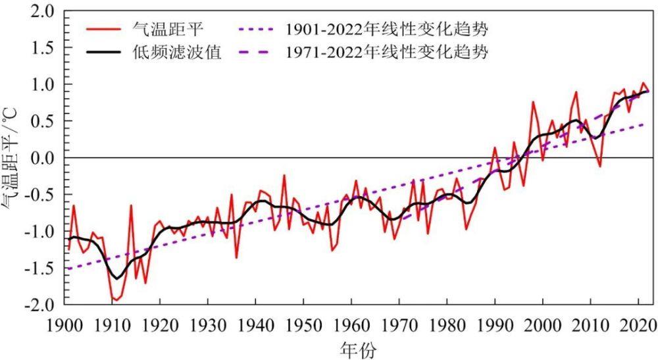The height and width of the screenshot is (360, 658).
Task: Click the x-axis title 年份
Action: point(359,349)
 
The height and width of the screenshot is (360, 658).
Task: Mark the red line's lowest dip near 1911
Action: point(116,300)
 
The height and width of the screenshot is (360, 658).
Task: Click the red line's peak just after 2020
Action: point(643,83)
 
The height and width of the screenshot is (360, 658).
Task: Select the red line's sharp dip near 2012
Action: point(599,167)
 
